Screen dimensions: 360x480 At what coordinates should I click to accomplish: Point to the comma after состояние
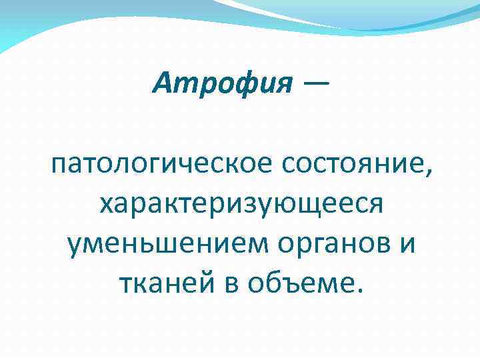[x=427, y=171]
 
